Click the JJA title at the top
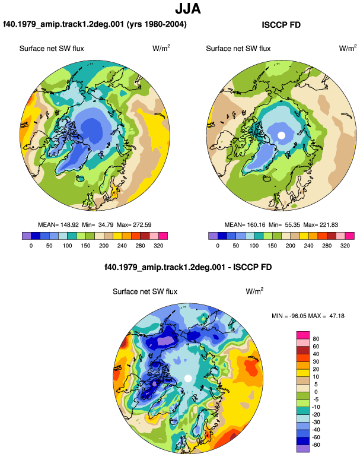tap(188, 9)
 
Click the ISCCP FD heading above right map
tap(281, 25)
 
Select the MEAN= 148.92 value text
tap(58, 225)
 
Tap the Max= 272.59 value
tap(134, 225)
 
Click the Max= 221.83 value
tap(321, 225)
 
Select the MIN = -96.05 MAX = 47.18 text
tap(308, 316)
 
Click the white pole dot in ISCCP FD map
tap(281, 135)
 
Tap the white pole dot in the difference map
tap(188, 378)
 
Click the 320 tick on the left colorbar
tap(158, 246)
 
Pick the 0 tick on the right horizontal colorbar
tap(218, 246)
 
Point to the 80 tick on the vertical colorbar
tap(316, 339)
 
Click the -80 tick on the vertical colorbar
tap(316, 445)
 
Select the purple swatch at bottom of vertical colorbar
tap(303, 449)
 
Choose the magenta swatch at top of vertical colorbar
tap(303, 335)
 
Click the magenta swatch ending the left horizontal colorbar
tap(163, 236)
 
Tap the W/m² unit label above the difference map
tap(254, 291)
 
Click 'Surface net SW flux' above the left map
tap(52, 49)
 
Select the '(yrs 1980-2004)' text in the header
tap(157, 24)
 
